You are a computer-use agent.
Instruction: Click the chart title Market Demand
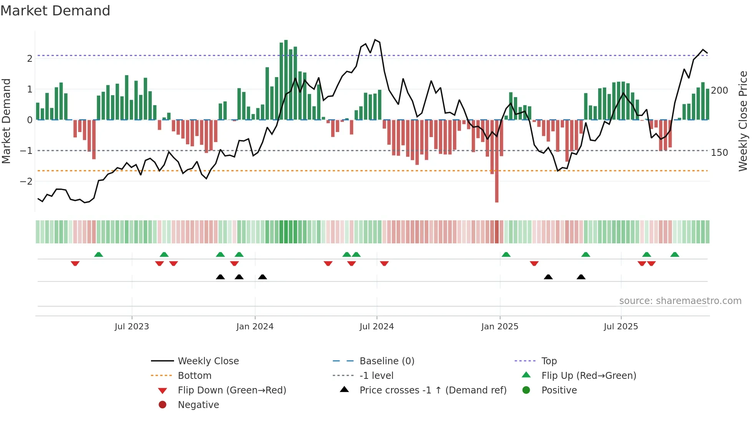pos(55,11)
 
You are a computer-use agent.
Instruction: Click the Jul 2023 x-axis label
pos(132,327)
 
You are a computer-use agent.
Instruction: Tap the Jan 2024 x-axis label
pos(255,327)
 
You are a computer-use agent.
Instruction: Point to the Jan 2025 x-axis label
pos(499,327)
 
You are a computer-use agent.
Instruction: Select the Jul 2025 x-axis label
pos(620,327)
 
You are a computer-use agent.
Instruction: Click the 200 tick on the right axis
pos(719,91)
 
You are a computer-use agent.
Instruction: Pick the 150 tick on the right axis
pos(719,153)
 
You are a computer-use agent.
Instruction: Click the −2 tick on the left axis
pos(26,182)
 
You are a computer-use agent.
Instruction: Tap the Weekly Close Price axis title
pos(743,121)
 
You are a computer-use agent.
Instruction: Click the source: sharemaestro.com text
pos(680,301)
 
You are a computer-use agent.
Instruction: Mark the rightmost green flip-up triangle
pos(675,254)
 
